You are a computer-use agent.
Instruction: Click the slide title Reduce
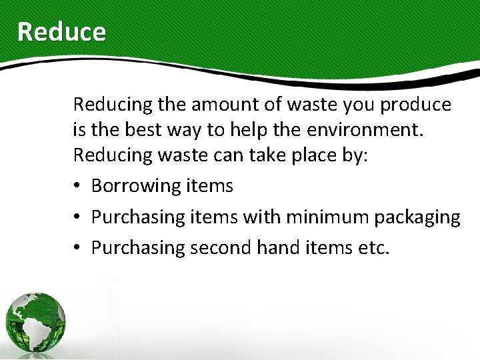(61, 31)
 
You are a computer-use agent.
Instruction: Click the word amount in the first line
(220, 105)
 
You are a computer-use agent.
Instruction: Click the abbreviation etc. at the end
(372, 247)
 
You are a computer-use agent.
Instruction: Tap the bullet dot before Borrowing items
(78, 186)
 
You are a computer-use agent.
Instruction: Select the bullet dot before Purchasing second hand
(78, 247)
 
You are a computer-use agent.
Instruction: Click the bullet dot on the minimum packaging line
(78, 217)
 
